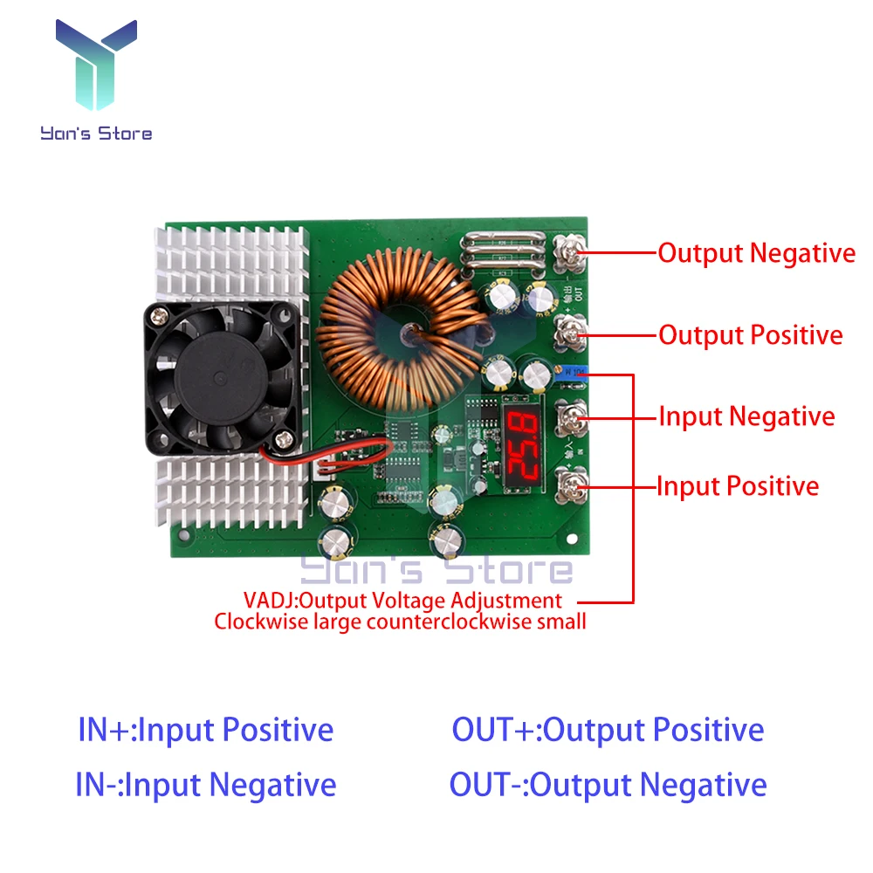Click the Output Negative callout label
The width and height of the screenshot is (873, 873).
click(756, 253)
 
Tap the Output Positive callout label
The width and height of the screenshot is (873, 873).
click(750, 335)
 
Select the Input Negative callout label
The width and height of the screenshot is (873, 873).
click(746, 416)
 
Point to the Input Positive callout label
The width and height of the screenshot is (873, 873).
click(738, 486)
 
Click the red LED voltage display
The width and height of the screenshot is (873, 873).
click(522, 443)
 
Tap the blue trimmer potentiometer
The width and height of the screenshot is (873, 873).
click(572, 371)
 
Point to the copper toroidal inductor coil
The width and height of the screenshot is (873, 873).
click(400, 329)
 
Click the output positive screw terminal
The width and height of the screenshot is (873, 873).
click(571, 333)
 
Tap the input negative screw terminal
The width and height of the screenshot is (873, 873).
click(572, 418)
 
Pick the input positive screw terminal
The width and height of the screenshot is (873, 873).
click(572, 486)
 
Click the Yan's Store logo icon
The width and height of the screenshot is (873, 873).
click(96, 64)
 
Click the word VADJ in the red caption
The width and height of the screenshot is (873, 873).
click(269, 601)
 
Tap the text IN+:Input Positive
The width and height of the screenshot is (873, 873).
click(205, 730)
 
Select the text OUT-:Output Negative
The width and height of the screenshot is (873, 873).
click(608, 785)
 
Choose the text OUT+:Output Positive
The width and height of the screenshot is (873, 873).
click(608, 730)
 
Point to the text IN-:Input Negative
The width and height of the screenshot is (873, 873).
click(205, 785)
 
